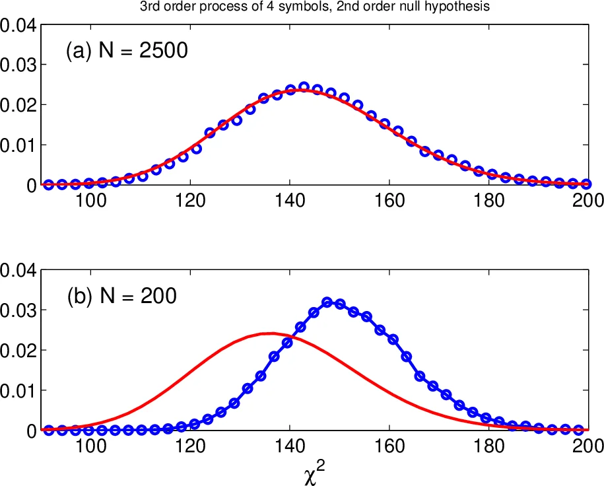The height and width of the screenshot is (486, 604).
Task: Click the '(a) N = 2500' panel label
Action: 127,51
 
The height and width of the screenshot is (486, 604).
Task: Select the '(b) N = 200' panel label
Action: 121,296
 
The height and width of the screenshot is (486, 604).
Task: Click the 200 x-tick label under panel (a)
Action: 587,201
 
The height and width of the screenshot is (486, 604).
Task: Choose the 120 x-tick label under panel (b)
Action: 189,446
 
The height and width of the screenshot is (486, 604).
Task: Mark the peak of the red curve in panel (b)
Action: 271,333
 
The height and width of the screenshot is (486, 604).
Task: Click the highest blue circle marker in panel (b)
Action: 327,302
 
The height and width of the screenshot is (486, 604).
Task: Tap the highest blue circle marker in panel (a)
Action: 304,87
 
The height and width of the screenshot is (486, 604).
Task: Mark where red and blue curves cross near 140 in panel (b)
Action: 289,339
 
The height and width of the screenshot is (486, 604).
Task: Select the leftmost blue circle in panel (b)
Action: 48,430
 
